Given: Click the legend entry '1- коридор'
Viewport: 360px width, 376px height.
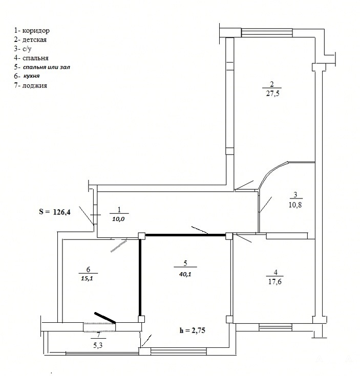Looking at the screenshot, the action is (32, 31).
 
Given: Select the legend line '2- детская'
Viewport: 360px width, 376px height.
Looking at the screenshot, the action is (30, 39).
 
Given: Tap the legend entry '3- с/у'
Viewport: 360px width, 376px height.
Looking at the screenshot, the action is (23, 49).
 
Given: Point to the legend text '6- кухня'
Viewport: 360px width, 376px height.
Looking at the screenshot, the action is (27, 76).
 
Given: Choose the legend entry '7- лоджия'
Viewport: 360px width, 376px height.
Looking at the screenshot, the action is (31, 85).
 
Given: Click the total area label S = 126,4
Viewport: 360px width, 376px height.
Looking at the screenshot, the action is (55, 212).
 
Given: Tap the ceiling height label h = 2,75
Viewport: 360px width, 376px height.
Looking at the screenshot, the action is (192, 330).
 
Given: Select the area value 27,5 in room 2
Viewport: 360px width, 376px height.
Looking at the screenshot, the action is (272, 93).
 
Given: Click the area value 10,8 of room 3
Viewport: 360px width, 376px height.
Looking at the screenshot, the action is (295, 205).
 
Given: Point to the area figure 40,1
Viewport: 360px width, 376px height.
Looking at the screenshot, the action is (185, 274).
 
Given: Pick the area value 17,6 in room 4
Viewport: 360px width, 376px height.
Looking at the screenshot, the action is (275, 281).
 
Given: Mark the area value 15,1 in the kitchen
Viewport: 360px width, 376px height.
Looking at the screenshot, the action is (87, 279).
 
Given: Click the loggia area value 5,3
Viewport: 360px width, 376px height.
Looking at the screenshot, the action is (98, 345).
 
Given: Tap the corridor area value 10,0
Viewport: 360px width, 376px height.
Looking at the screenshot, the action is (119, 219).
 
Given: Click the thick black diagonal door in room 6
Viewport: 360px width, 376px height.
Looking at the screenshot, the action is (105, 318).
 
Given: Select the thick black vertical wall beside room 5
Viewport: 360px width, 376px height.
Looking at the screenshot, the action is (140, 277).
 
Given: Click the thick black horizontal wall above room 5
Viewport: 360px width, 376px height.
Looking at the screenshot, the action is (185, 235).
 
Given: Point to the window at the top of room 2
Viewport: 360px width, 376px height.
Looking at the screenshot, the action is (267, 33).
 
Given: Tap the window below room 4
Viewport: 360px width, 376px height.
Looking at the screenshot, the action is (276, 327).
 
